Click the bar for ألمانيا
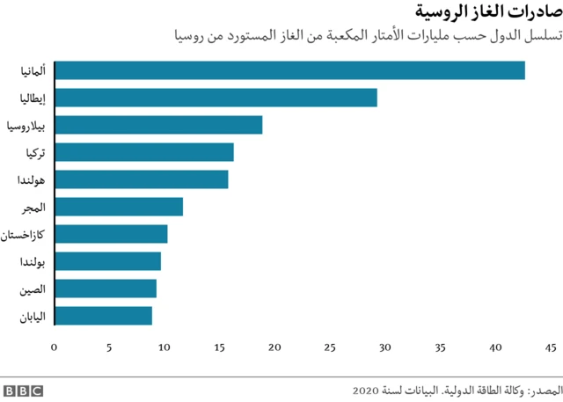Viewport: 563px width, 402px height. pos(289,70)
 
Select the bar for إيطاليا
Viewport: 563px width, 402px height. pos(216,98)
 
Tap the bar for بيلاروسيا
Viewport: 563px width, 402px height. pos(158,125)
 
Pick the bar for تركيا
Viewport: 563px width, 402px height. pos(144,152)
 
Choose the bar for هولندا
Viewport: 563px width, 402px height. pos(141,179)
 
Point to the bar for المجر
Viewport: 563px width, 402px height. pos(119,207)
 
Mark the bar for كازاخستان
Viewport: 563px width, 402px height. pos(111,234)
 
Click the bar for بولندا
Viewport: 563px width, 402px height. pos(107,261)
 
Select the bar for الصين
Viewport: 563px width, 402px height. pos(106,289)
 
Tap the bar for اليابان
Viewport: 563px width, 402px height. pos(103,315)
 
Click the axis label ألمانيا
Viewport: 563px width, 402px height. pos(34,70)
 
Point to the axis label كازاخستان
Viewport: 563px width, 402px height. pos(26,234)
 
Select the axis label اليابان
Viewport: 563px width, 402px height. pos(33,315)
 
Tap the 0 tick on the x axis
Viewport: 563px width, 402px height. pos(55,347)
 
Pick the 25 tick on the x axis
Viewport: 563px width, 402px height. pos(330,347)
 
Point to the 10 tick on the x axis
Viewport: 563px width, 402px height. pos(165,347)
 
